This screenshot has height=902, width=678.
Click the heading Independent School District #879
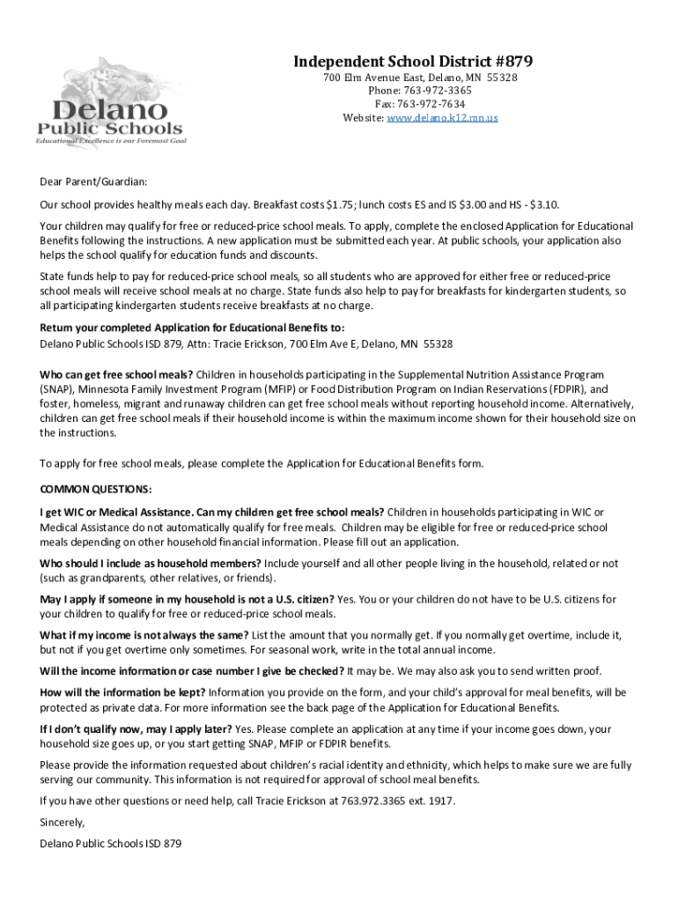[412, 62]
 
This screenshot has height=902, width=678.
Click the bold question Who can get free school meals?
[116, 374]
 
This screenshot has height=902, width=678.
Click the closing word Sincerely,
[63, 822]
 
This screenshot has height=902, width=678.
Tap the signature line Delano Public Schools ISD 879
[110, 844]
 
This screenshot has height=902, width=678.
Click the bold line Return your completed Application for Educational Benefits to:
[185, 328]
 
